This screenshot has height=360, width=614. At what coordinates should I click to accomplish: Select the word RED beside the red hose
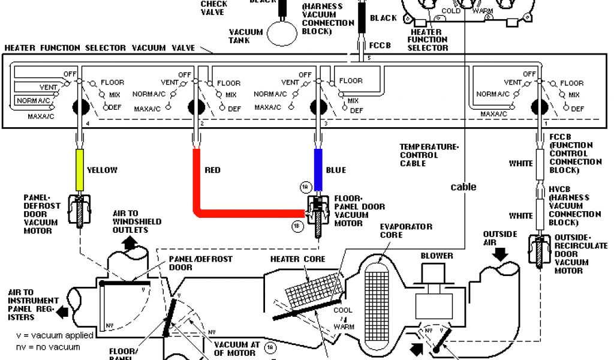click(x=212, y=170)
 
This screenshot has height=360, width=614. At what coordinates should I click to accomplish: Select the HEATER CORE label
click(x=298, y=259)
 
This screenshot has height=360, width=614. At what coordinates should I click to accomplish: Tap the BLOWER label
click(x=437, y=256)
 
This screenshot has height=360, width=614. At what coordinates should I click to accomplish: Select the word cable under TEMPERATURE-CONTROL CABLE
click(x=463, y=187)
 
